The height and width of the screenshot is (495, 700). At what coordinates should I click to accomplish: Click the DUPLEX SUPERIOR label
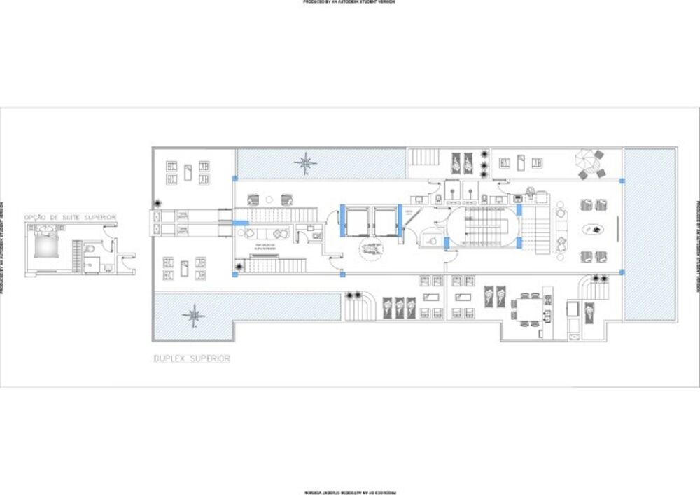(192, 358)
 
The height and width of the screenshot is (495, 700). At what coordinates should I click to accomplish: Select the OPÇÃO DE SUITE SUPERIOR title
(70, 218)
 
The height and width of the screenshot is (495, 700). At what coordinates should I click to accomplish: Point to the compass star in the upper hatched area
(305, 164)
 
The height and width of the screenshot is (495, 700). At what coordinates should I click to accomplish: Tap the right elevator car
(384, 222)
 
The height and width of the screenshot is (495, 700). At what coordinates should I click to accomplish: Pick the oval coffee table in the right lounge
(594, 228)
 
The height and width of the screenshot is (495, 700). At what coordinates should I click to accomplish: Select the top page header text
(349, 3)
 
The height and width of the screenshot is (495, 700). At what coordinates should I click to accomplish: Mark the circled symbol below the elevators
(370, 248)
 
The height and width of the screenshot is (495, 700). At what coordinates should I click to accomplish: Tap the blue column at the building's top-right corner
(622, 181)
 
